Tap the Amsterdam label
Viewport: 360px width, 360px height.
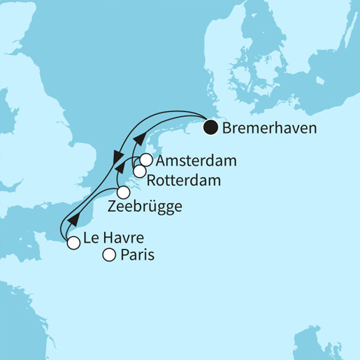(x=196, y=161)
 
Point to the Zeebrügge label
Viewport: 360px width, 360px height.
(x=145, y=207)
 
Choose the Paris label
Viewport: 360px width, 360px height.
(x=137, y=256)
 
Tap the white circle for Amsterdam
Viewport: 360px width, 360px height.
(x=146, y=159)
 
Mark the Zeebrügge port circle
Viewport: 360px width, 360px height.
(x=123, y=192)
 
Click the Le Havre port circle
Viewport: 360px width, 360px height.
(x=73, y=243)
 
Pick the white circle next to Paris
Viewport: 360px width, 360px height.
(x=109, y=256)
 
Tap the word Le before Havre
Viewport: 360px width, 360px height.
(x=90, y=238)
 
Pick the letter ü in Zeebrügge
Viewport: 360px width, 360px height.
(x=157, y=207)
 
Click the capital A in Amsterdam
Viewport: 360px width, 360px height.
(x=162, y=161)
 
